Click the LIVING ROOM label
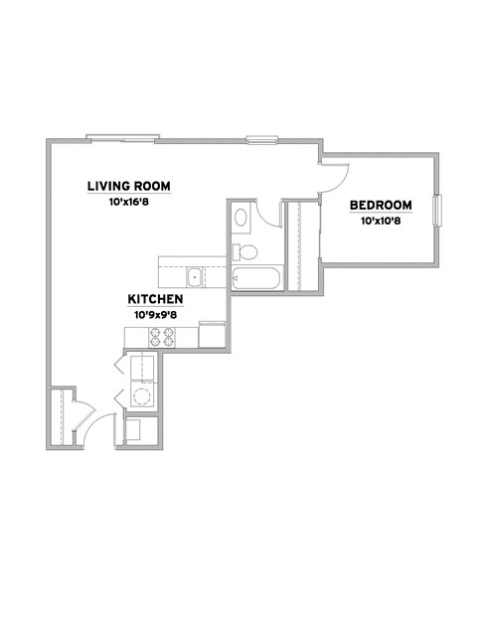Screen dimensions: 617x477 130,185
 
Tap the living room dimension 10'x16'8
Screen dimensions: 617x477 130,201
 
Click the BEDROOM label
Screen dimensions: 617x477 380,206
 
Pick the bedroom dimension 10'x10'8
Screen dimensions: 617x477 380,222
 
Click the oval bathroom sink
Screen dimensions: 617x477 240,216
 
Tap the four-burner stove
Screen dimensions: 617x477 163,337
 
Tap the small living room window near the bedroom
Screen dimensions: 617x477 262,139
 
